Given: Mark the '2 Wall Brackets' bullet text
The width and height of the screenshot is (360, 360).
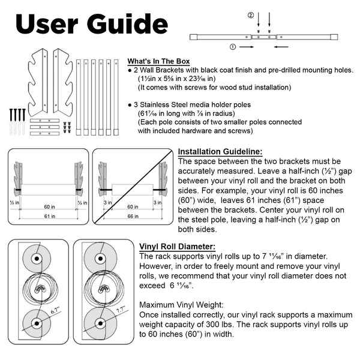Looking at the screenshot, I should (164, 70).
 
